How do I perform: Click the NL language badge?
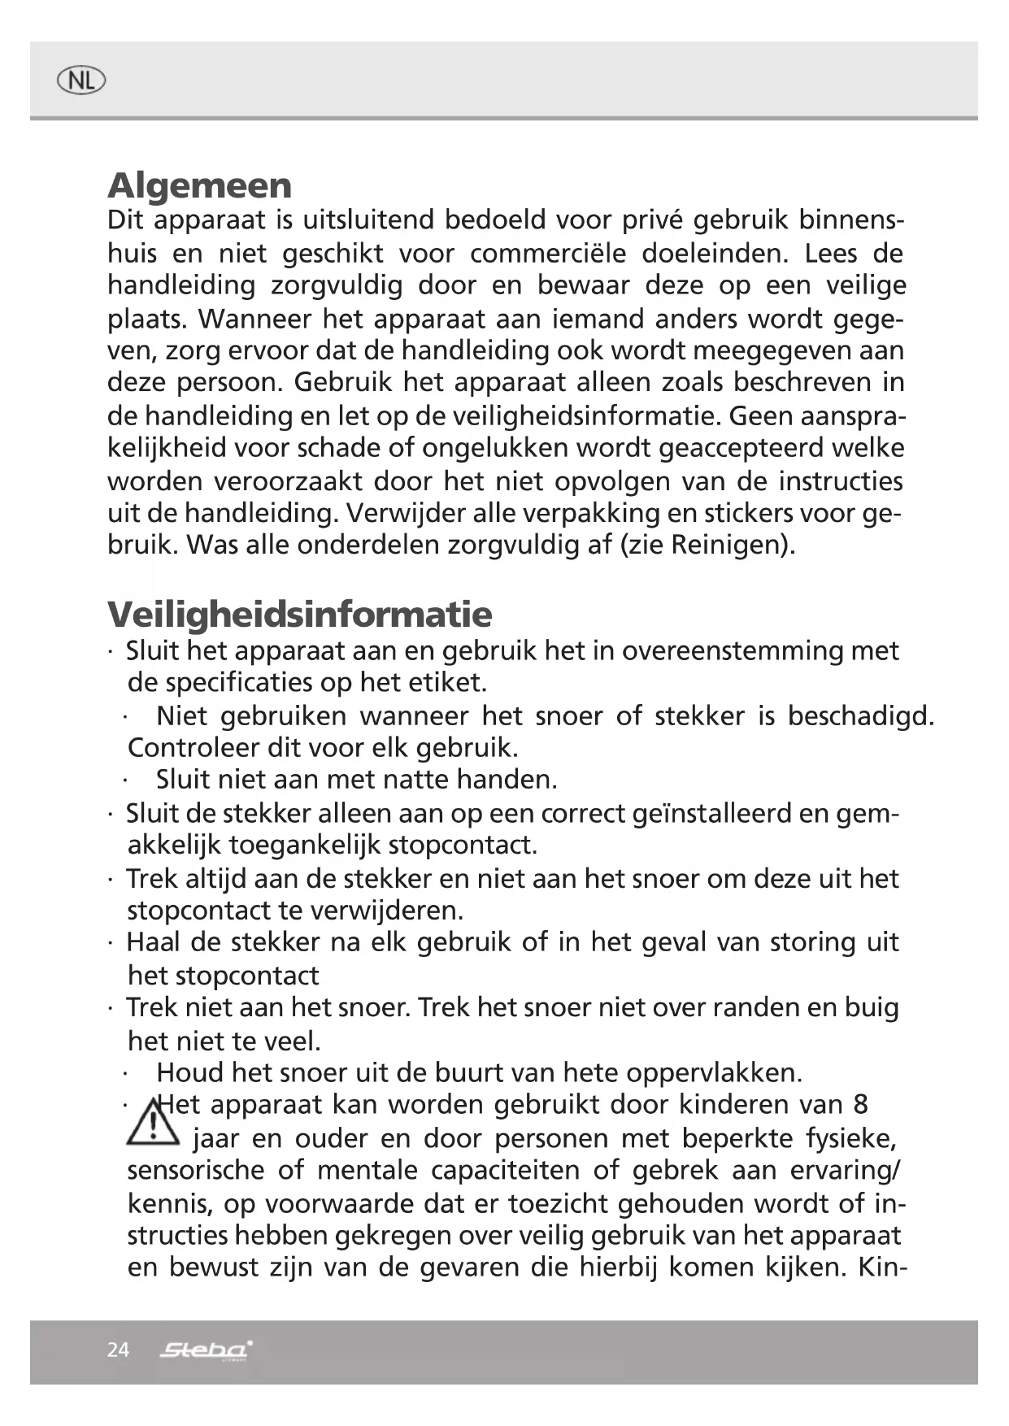[81, 80]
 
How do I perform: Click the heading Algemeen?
[199, 185]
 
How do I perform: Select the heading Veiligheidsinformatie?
[299, 614]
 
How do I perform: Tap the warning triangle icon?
[152, 1123]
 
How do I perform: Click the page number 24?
[118, 1350]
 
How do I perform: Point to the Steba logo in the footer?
[206, 1350]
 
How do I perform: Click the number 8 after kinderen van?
[860, 1104]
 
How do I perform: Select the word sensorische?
[196, 1170]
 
